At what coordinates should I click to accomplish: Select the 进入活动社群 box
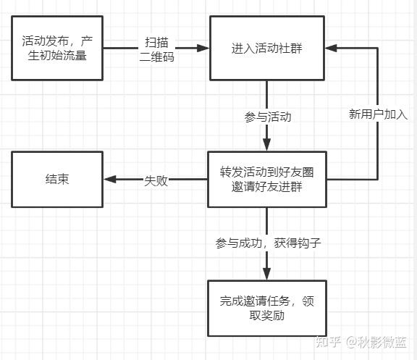(266, 48)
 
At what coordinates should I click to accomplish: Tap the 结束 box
(57, 179)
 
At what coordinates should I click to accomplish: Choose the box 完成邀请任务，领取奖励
(266, 308)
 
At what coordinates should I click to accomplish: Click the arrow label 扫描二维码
(157, 49)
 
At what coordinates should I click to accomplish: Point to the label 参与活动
(269, 116)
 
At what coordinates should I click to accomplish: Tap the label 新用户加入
(379, 114)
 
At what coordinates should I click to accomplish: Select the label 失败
(156, 180)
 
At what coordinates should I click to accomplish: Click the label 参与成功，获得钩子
(268, 243)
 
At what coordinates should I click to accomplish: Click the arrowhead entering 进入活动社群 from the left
(203, 49)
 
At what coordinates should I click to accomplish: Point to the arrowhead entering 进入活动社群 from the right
(330, 48)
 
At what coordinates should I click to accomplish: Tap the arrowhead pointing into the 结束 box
(109, 180)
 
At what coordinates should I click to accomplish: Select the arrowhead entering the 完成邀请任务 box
(266, 275)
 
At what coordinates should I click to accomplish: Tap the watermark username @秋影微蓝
(376, 340)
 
